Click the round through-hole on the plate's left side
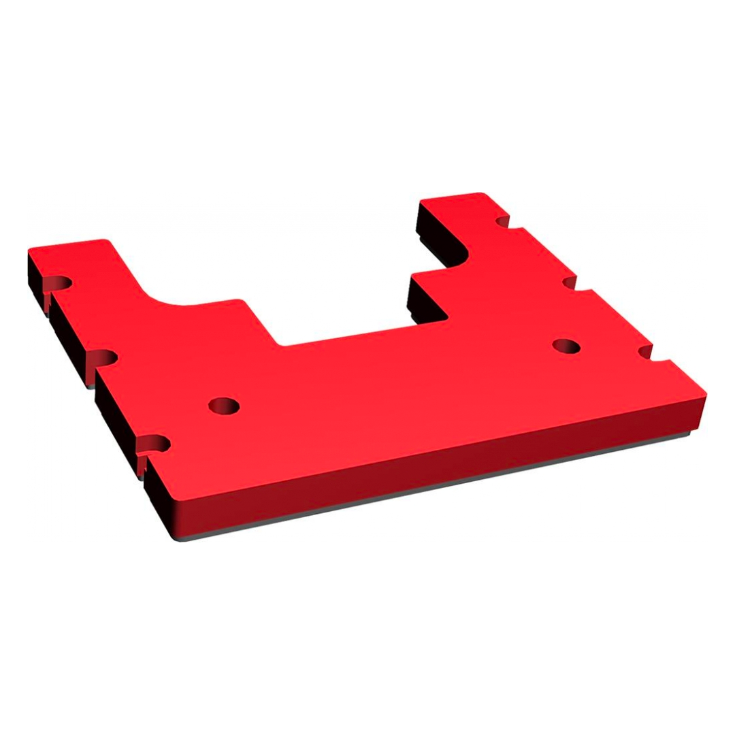point(224,406)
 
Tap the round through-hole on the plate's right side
point(566,346)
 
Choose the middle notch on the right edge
point(569,282)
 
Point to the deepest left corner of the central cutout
point(280,344)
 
